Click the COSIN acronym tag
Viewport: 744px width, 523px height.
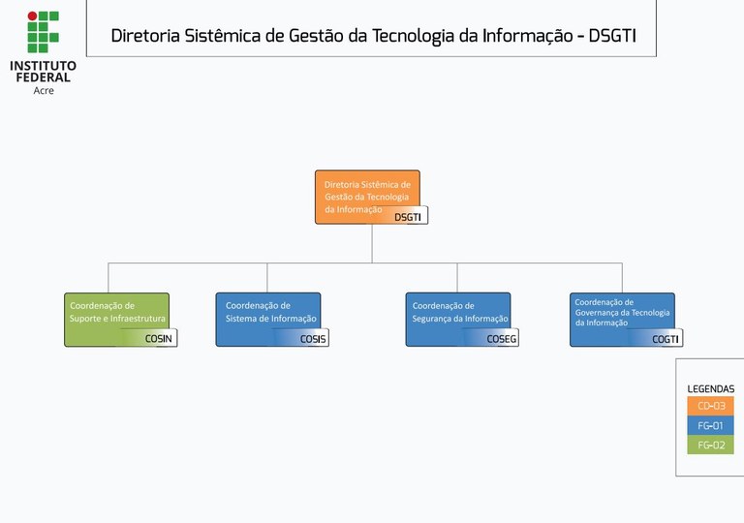[158, 338]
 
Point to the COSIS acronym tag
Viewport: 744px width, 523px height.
[313, 338]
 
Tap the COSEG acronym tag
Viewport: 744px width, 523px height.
[502, 338]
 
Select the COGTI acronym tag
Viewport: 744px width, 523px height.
[666, 338]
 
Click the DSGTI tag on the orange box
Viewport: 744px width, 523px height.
[408, 217]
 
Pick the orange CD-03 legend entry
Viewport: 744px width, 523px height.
[711, 406]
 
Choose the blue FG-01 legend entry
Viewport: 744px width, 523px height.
[711, 425]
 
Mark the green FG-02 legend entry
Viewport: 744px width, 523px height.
[711, 446]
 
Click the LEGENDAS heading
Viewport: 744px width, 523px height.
[711, 389]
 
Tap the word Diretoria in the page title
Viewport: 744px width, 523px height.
[145, 37]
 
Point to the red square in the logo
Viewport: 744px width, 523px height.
[32, 16]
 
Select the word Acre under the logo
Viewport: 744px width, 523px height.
[44, 90]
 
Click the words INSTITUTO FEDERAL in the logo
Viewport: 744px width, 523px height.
[43, 71]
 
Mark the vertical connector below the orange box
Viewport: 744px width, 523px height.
[372, 243]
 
